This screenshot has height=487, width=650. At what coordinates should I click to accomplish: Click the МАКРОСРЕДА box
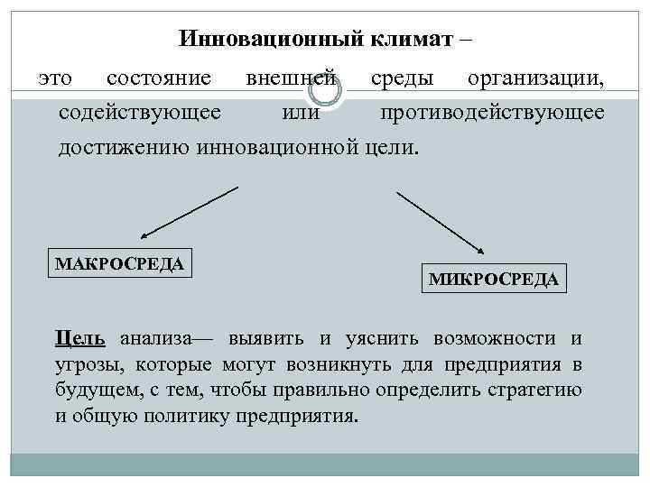[120, 263]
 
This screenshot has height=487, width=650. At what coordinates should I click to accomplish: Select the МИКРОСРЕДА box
[493, 280]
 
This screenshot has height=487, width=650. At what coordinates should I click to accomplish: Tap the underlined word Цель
[79, 338]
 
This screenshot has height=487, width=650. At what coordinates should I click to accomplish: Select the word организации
[535, 79]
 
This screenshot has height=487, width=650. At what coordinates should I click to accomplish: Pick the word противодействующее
[492, 113]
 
